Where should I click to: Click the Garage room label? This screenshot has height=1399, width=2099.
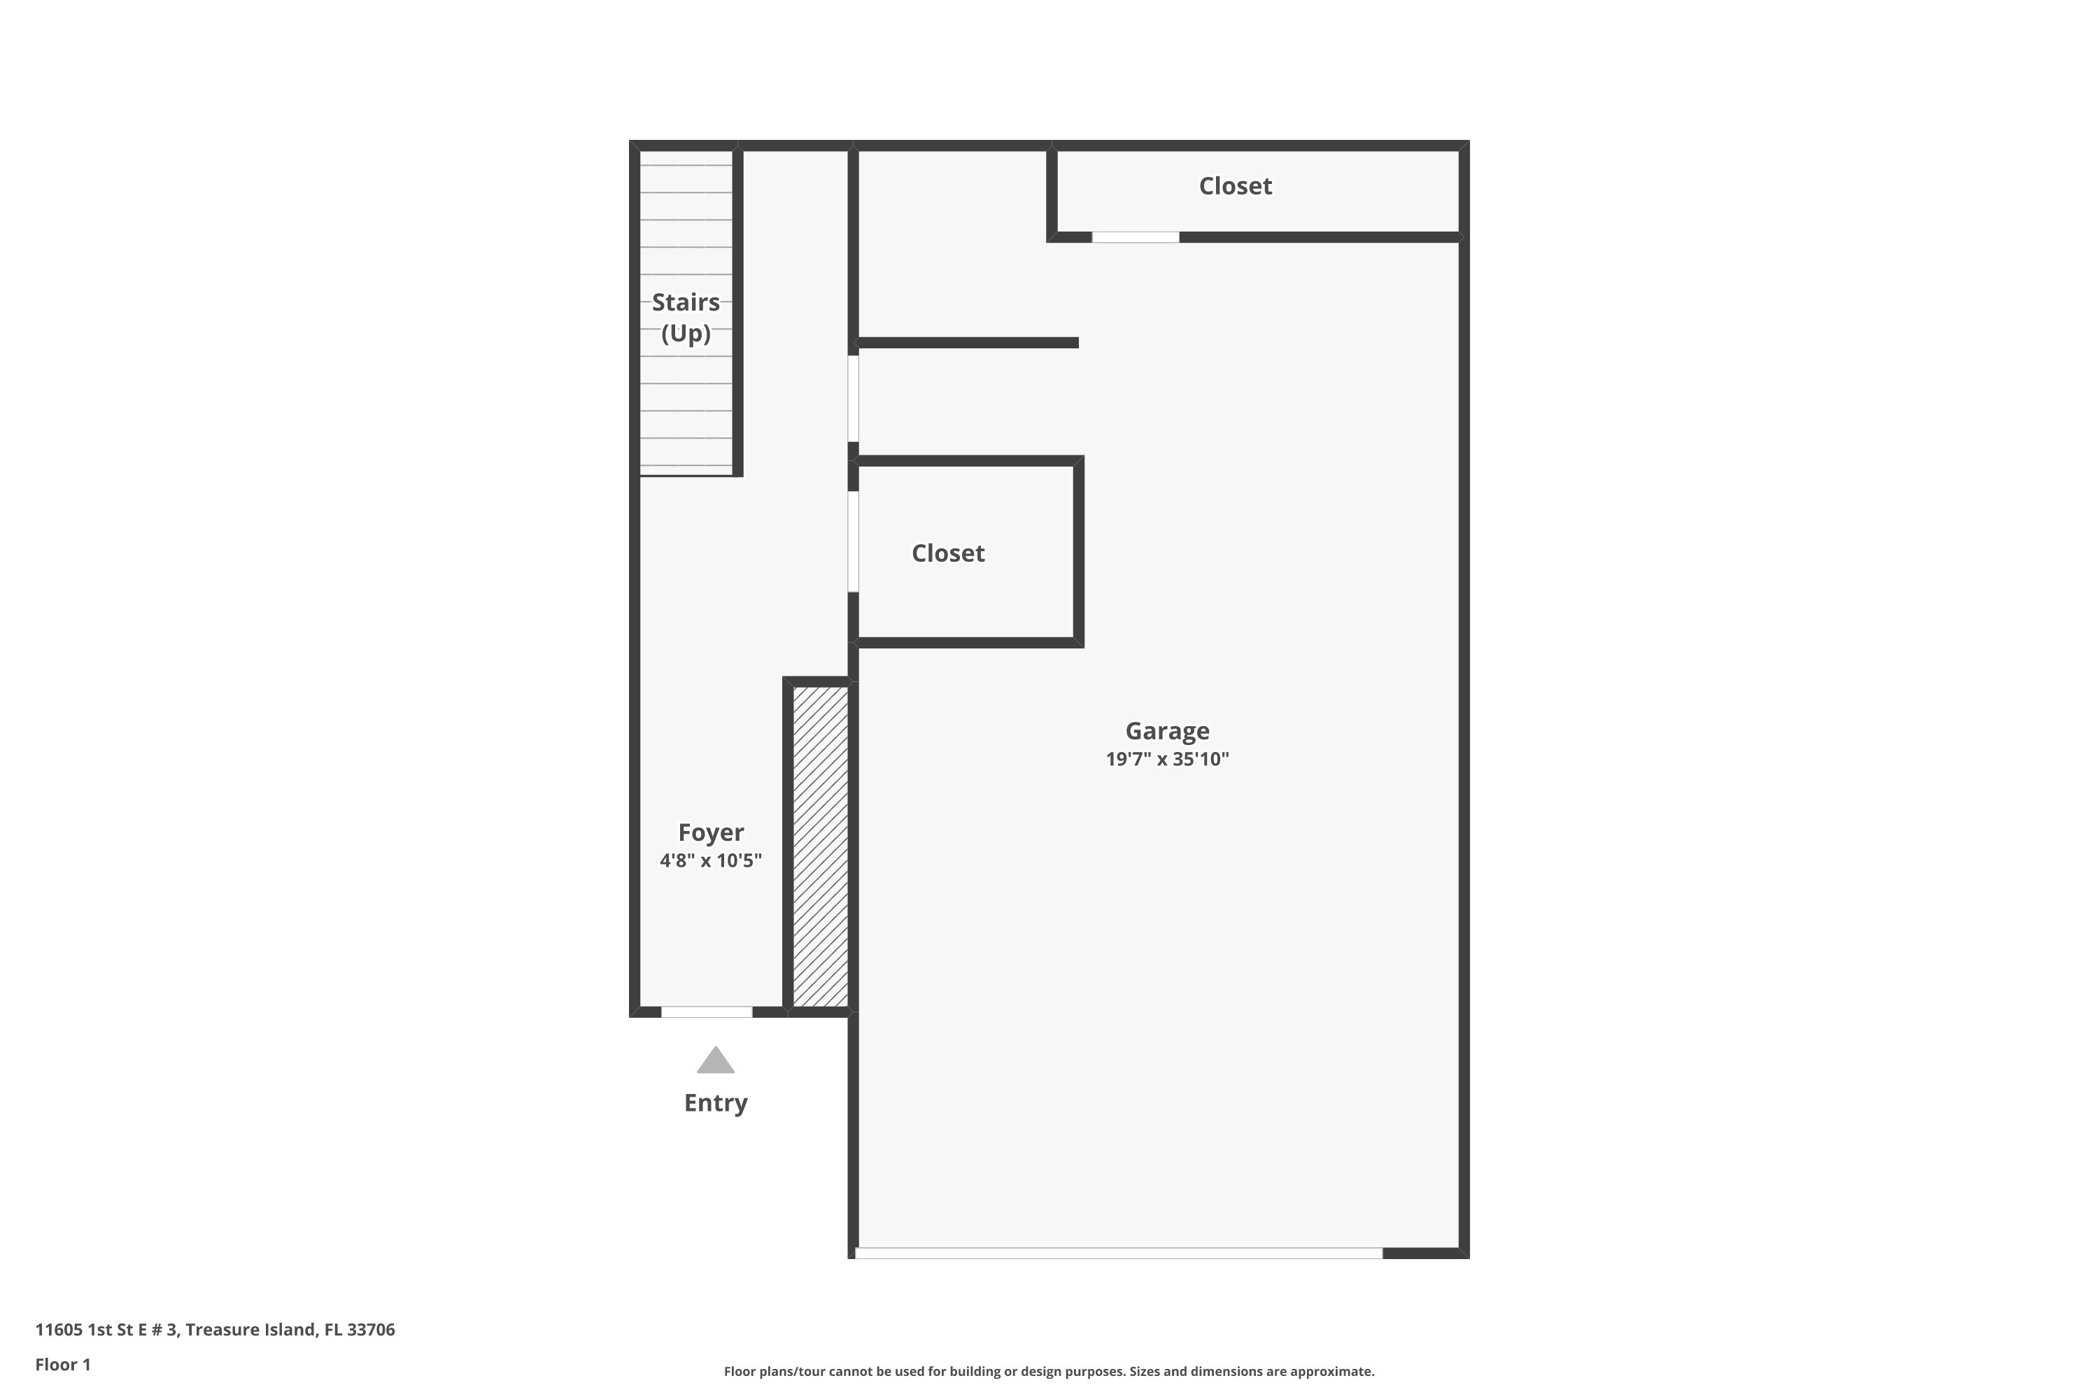click(x=1166, y=731)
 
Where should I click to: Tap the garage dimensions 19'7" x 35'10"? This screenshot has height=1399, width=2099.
click(x=1166, y=759)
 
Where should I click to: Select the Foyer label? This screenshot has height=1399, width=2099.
click(x=710, y=832)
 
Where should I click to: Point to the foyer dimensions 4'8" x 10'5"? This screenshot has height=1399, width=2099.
click(x=710, y=860)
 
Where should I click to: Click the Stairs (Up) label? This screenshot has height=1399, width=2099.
click(x=686, y=318)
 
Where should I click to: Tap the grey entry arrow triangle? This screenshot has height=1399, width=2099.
click(x=715, y=1062)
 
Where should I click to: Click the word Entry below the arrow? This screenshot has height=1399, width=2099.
click(x=715, y=1103)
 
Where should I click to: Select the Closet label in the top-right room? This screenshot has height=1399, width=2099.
click(x=1234, y=185)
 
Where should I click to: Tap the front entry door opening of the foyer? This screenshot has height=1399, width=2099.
click(x=706, y=1011)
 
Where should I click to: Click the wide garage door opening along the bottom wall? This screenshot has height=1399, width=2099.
click(x=1118, y=1254)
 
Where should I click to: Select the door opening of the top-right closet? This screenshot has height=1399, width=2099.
click(x=1135, y=237)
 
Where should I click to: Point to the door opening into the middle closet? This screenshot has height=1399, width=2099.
click(x=853, y=541)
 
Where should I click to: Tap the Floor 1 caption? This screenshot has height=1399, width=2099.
click(x=62, y=1364)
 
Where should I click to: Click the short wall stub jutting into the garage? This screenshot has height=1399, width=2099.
click(x=968, y=343)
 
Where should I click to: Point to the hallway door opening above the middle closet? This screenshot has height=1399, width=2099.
click(x=853, y=398)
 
